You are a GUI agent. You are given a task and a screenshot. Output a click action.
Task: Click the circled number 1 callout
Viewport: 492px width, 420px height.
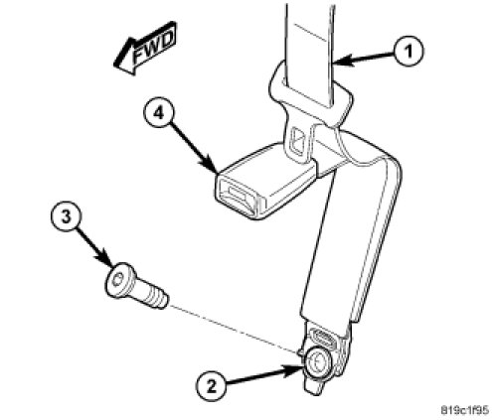(x=409, y=52)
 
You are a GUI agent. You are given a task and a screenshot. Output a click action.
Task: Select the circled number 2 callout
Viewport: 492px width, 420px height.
(x=211, y=386)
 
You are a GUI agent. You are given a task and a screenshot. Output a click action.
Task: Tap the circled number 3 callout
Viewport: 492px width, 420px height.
(x=67, y=217)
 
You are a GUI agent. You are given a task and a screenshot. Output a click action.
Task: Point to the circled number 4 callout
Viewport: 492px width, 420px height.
(x=159, y=113)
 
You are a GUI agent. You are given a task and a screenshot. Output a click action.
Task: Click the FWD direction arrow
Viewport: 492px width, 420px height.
(x=145, y=49)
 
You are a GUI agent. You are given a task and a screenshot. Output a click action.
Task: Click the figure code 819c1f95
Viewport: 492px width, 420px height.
(x=464, y=410)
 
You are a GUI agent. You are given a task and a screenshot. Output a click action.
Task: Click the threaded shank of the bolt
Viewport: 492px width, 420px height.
(x=153, y=296)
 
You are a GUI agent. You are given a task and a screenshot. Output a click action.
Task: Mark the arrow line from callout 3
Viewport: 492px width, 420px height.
(x=94, y=244)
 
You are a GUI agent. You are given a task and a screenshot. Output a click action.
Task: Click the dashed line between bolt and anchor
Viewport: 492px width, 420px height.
(x=236, y=329)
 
